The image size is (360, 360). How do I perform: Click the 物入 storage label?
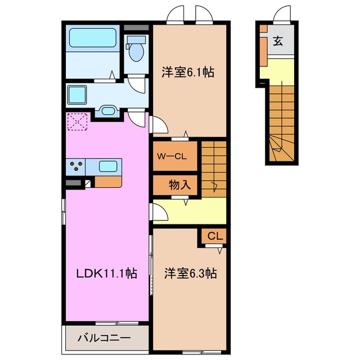[x=178, y=184]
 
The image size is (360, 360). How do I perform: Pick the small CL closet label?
[x=214, y=237]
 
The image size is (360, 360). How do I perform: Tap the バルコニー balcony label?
[x=104, y=338]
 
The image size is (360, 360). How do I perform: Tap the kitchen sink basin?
[x=109, y=166]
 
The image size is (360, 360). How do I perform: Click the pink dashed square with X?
[x=77, y=122]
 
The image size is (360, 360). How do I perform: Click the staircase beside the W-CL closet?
[x=214, y=168]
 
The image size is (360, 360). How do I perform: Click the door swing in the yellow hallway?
[x=159, y=212]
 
